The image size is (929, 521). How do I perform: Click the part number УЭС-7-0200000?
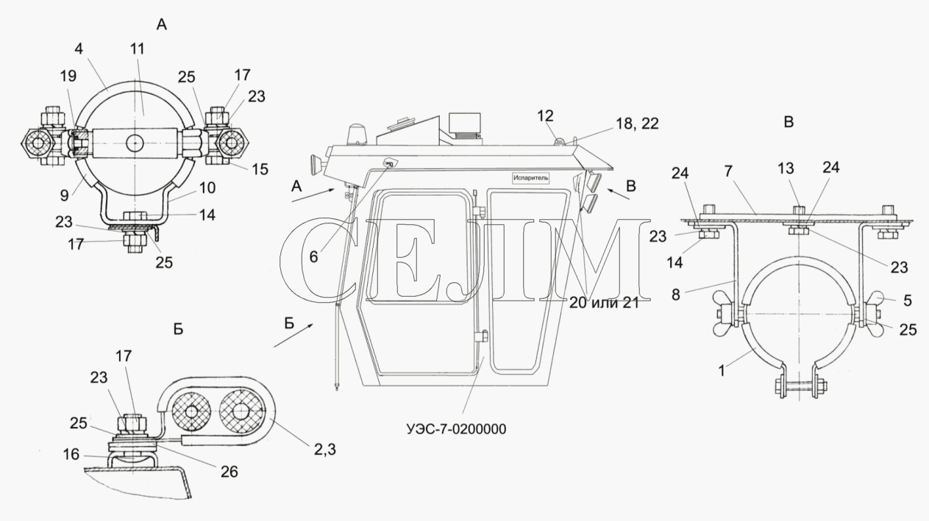tap(456, 429)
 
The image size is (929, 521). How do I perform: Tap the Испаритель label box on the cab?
tap(530, 178)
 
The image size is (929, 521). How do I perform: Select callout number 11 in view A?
tap(138, 49)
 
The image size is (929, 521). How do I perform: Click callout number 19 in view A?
tap(68, 76)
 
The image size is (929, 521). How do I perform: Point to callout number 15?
tap(260, 169)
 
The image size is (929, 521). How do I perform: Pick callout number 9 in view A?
tap(64, 195)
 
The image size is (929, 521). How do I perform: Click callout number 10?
tap(207, 188)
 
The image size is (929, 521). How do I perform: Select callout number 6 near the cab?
tap(313, 257)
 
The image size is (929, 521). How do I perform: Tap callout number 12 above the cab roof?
tap(545, 116)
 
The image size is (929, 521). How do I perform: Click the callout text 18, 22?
tap(637, 123)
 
